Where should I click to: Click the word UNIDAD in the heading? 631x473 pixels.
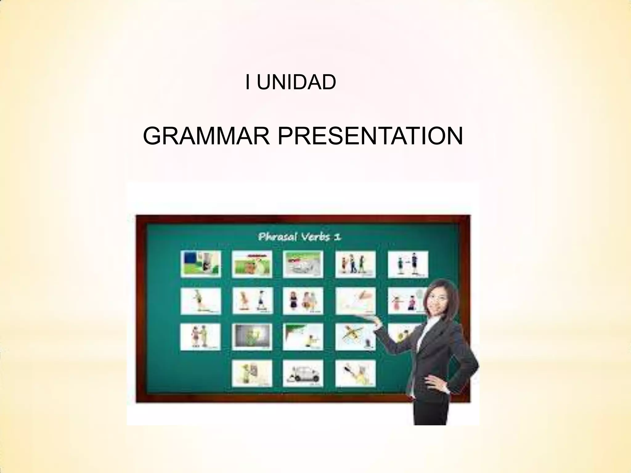click(x=296, y=83)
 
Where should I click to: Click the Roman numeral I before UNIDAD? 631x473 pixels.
click(x=247, y=83)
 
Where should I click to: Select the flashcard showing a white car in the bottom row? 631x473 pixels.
click(x=303, y=373)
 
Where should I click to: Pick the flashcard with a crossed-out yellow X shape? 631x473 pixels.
click(x=355, y=337)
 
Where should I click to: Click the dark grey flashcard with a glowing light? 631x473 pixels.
click(x=252, y=337)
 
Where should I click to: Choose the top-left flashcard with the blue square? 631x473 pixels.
click(x=201, y=264)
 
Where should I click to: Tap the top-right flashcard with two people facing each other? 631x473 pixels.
click(x=408, y=264)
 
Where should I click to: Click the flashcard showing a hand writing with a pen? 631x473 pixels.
click(x=355, y=301)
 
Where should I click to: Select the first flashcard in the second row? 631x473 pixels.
click(x=201, y=301)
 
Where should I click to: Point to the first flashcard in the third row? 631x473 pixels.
click(x=201, y=337)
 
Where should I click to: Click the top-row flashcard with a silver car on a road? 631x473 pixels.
click(x=303, y=264)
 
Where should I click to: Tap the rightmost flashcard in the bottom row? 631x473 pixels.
click(x=355, y=373)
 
